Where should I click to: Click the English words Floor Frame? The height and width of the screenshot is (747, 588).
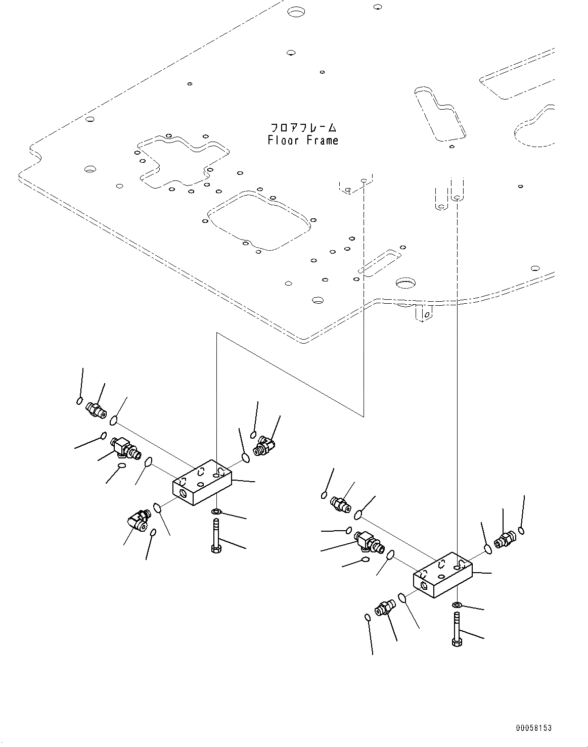click(x=303, y=140)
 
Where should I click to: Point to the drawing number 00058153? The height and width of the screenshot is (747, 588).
click(x=533, y=728)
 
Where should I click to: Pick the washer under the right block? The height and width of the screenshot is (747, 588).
click(x=457, y=605)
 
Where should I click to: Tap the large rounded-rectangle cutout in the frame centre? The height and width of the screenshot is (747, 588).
click(x=257, y=221)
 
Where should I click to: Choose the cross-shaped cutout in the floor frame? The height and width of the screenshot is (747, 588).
click(x=183, y=160)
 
